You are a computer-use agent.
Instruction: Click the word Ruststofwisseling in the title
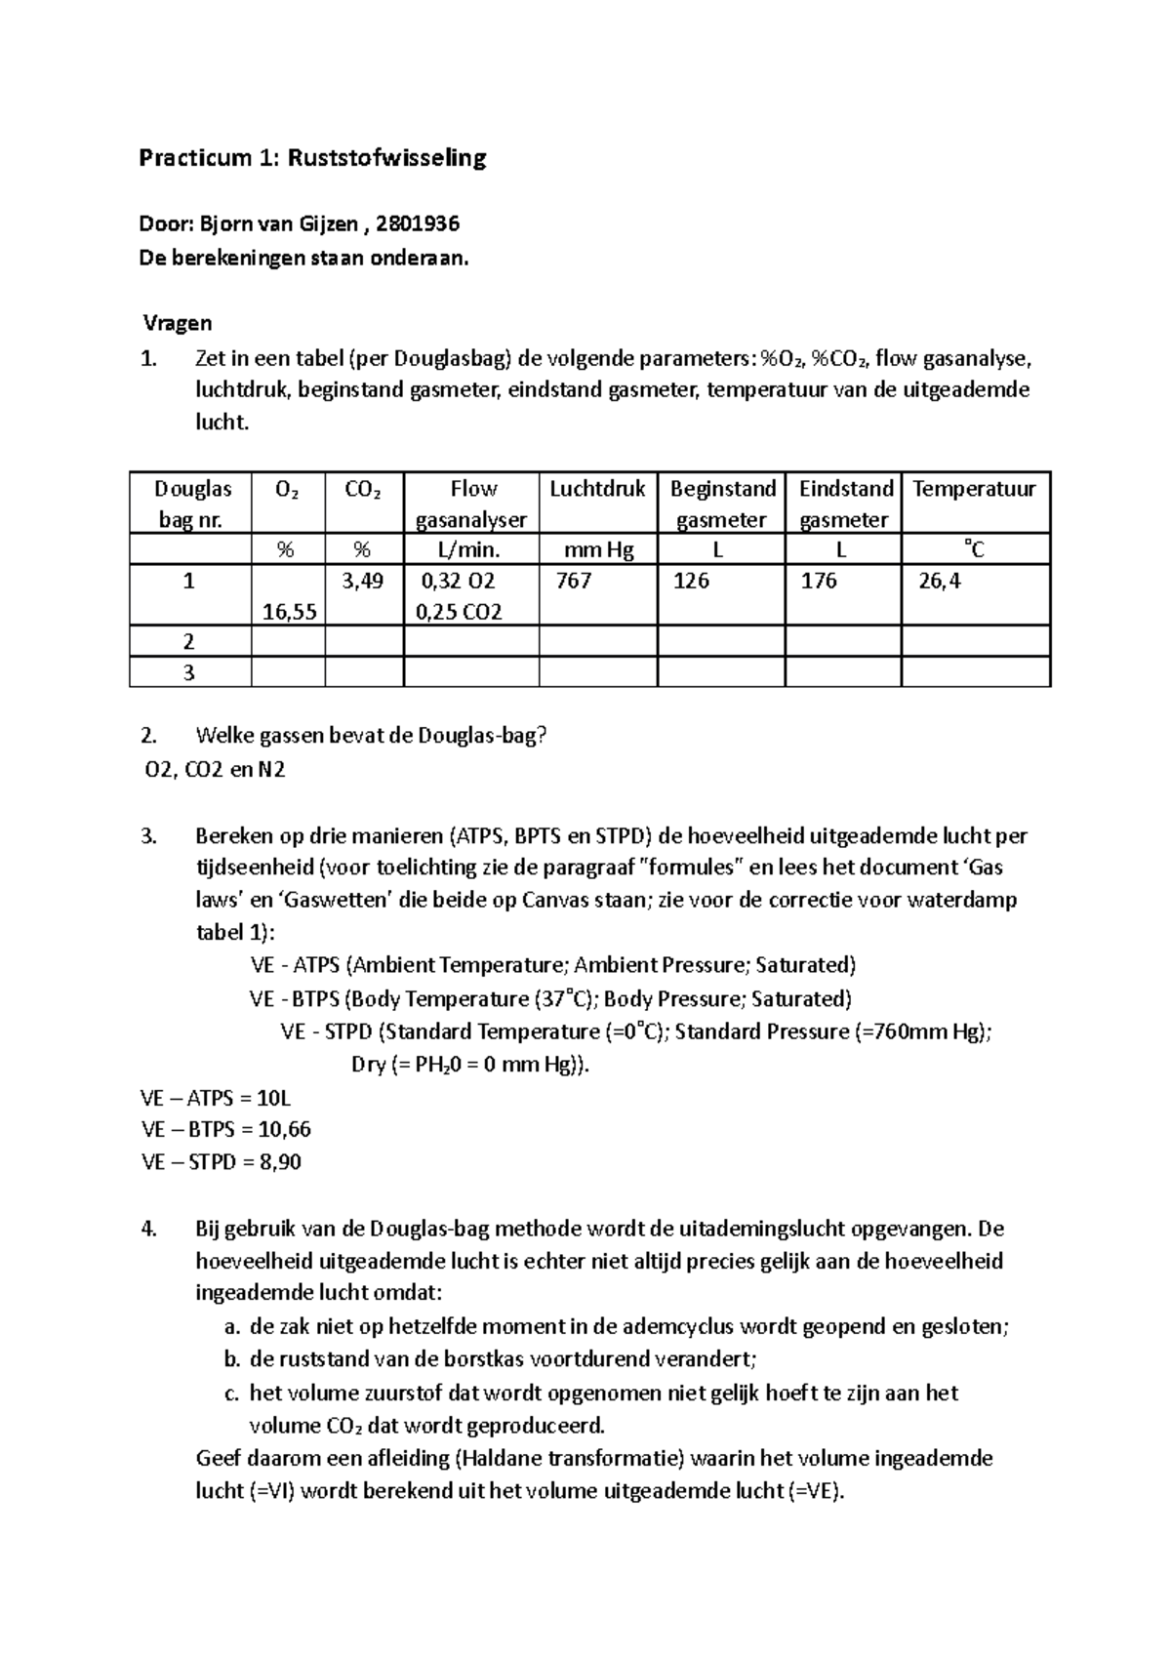(x=386, y=158)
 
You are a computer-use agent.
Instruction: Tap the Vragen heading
(x=178, y=323)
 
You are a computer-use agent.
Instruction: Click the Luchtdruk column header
(x=597, y=489)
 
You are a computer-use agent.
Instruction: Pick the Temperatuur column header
(x=974, y=489)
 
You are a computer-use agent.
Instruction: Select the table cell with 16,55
(x=289, y=612)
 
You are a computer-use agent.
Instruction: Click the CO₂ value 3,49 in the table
(x=363, y=581)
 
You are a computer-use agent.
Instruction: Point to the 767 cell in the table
(x=573, y=581)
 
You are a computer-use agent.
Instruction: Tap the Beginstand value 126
(x=691, y=581)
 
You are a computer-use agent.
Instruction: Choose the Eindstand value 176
(x=819, y=581)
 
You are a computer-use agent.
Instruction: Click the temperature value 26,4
(x=939, y=582)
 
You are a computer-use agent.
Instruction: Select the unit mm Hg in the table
(x=597, y=550)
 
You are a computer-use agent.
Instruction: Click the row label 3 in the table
(x=189, y=672)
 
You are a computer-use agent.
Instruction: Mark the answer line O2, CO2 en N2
(x=215, y=770)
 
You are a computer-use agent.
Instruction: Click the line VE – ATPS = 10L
(x=216, y=1097)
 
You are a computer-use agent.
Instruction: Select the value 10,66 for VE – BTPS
(x=285, y=1130)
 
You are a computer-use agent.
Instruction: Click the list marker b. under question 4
(x=231, y=1359)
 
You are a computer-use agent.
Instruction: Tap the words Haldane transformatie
(x=573, y=1459)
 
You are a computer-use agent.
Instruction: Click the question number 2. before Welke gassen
(x=149, y=737)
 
